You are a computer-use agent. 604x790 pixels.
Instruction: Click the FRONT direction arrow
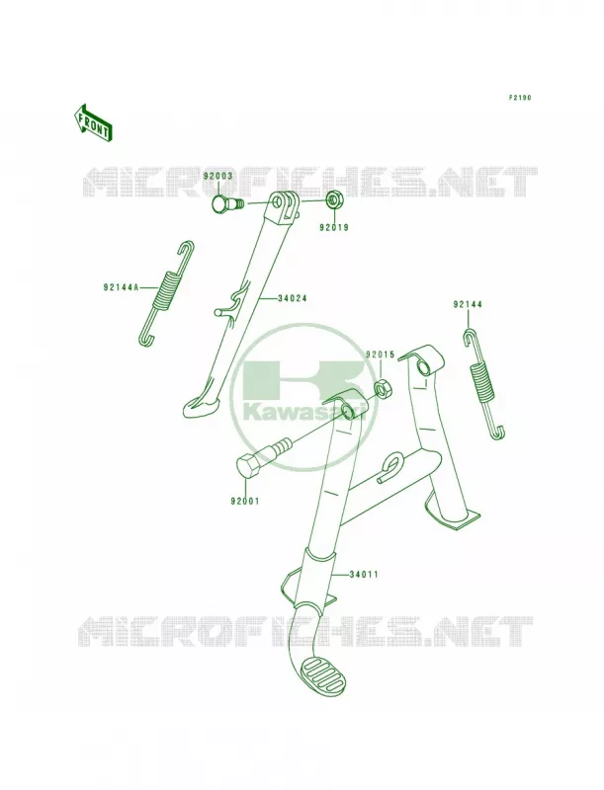92,122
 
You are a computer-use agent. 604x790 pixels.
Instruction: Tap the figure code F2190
519,98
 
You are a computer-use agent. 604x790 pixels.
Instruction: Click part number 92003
217,176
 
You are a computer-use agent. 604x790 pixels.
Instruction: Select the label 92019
333,227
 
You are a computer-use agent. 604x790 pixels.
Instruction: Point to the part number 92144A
121,288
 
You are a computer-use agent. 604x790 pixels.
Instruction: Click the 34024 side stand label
292,298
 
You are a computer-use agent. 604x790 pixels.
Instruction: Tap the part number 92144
468,304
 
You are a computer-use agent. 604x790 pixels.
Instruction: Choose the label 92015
381,355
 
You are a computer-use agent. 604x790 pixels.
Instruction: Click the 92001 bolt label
245,502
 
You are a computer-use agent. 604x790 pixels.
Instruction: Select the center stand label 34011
363,574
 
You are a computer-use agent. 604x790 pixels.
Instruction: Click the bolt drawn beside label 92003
225,204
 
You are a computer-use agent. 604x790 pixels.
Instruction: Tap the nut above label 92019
333,200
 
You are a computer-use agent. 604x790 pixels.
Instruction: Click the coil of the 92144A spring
166,288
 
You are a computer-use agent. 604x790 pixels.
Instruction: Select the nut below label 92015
383,388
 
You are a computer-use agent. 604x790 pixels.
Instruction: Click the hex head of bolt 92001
249,464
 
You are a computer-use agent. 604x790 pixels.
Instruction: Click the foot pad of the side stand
201,406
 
